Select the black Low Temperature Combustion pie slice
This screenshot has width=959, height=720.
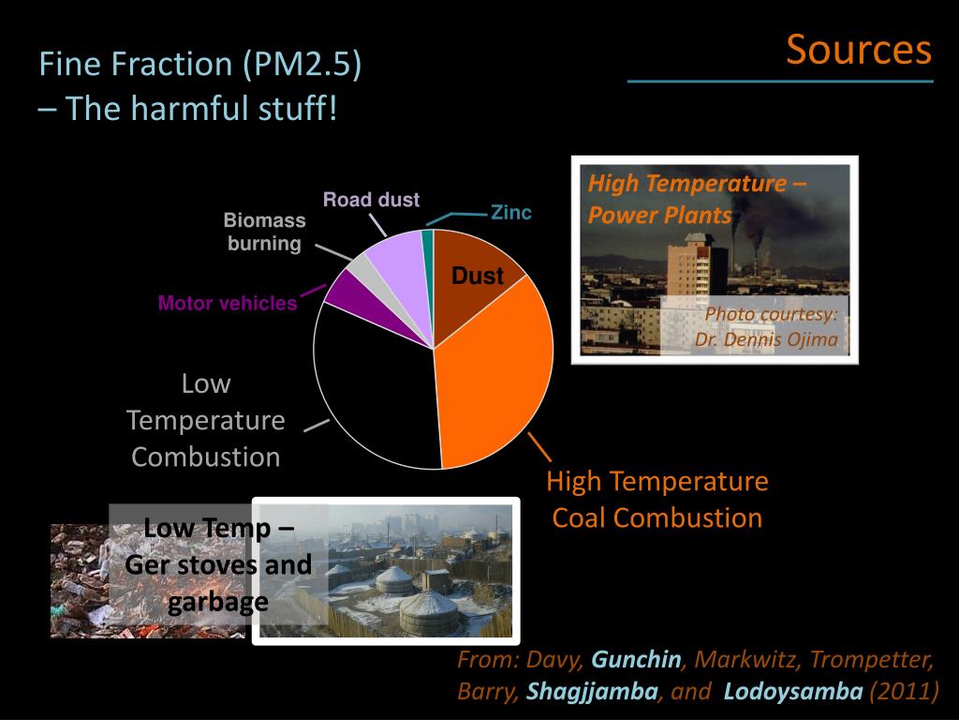[x=375, y=384]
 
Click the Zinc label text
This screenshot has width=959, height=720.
[x=511, y=213]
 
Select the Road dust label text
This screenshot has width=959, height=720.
[x=371, y=200]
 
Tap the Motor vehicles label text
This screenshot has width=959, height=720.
[x=227, y=304]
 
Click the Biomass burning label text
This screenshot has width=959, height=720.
[x=264, y=232]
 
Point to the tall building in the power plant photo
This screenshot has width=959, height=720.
[x=698, y=281]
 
